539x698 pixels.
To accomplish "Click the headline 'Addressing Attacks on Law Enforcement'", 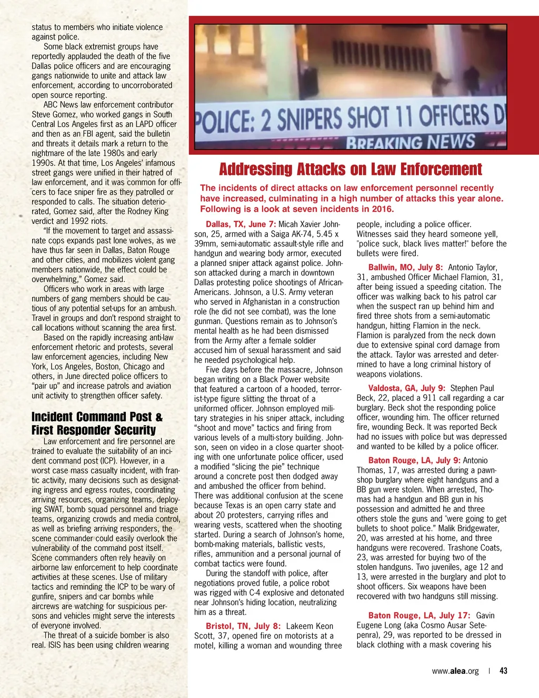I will (x=350, y=170).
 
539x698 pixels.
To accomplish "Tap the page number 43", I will (x=504, y=671).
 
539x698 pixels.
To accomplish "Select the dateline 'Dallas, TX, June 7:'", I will (x=241, y=224).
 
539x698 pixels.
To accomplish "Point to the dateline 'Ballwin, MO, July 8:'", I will (x=405, y=268).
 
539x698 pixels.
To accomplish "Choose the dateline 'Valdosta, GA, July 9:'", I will (x=406, y=388).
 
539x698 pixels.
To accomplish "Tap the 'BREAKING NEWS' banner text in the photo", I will (x=411, y=142).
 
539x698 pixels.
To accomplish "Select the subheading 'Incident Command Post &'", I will (x=97, y=417).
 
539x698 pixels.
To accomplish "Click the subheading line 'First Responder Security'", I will (x=94, y=430).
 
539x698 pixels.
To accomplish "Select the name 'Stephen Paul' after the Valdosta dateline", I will (x=472, y=388).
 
